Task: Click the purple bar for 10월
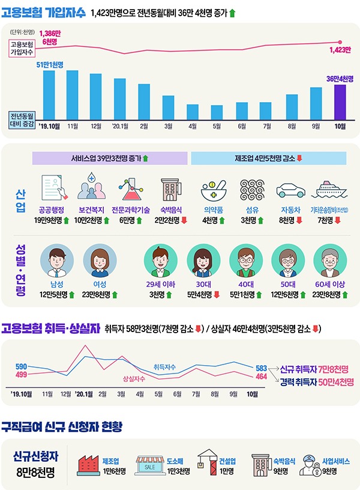(340, 103)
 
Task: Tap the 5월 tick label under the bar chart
(217, 127)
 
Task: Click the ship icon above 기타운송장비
(329, 190)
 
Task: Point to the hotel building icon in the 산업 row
(170, 190)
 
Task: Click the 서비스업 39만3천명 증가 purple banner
(110, 159)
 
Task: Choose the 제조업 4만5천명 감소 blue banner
(268, 159)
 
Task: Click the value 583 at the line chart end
(261, 367)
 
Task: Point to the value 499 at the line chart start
(21, 375)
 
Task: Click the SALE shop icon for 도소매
(150, 465)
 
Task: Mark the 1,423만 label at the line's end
(340, 50)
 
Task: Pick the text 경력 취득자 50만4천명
(317, 381)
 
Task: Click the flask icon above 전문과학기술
(131, 190)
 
